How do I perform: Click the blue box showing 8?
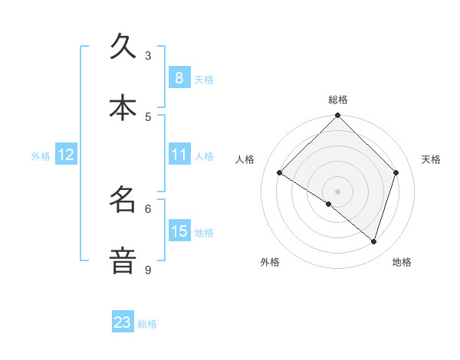pyautogui.click(x=179, y=77)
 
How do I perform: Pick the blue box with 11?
pyautogui.click(x=179, y=155)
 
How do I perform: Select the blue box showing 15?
pyautogui.click(x=179, y=231)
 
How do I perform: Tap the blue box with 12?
pyautogui.click(x=66, y=155)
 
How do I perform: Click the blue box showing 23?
pyautogui.click(x=123, y=322)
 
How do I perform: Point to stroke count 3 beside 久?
pyautogui.click(x=148, y=55)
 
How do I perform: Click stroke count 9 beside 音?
pyautogui.click(x=148, y=270)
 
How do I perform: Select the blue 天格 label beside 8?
pyautogui.click(x=204, y=79)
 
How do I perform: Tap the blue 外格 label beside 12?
pyautogui.click(x=41, y=156)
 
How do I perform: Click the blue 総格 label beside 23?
pyautogui.click(x=147, y=324)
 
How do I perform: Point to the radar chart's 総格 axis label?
pyautogui.click(x=337, y=100)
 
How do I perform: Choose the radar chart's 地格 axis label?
pyautogui.click(x=402, y=263)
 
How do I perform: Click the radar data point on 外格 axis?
pyautogui.click(x=329, y=204)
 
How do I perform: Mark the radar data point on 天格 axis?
pyautogui.click(x=396, y=172)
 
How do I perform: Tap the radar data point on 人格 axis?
pyautogui.click(x=279, y=173)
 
